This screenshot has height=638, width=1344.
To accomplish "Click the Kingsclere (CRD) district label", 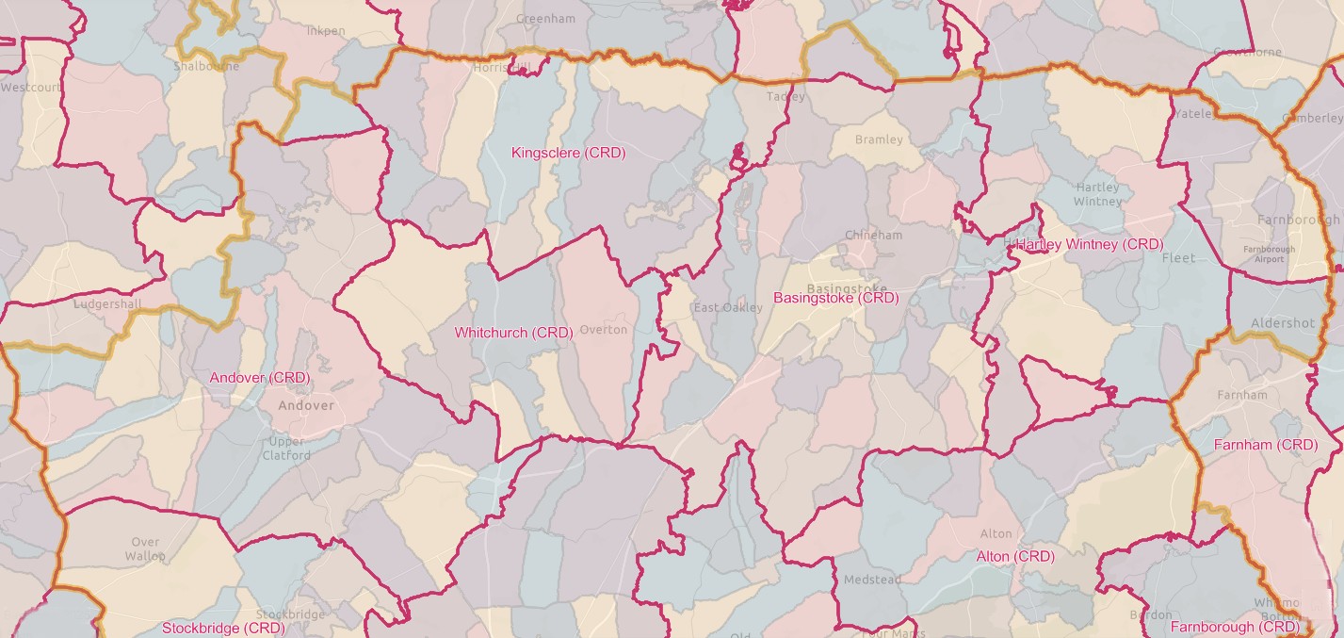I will click(x=568, y=153).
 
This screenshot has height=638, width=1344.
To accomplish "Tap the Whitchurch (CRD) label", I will click(x=513, y=333).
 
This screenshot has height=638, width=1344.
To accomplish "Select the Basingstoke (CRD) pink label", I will click(x=835, y=298).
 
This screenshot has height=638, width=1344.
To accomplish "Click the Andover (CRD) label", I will click(x=259, y=378).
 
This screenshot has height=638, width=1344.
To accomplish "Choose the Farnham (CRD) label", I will click(x=1265, y=445).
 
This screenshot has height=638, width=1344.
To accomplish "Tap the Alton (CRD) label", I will click(x=1015, y=557).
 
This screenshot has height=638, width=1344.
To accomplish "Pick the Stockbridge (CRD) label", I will click(x=223, y=628).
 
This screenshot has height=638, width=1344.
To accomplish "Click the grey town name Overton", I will click(x=603, y=330).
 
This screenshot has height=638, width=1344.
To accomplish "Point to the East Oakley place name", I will click(x=728, y=308).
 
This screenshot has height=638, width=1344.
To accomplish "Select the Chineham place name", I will click(x=873, y=235).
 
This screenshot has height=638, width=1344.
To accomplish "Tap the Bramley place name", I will click(x=879, y=139).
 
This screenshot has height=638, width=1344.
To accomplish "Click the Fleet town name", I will click(x=1178, y=257).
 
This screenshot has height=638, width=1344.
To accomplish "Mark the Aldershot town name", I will click(x=1282, y=323).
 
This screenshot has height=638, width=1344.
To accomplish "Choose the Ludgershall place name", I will click(x=107, y=304).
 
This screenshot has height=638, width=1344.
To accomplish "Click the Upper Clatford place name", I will click(x=286, y=449).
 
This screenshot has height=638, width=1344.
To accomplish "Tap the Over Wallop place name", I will click(x=145, y=548).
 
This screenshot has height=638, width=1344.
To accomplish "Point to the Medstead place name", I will click(x=872, y=580).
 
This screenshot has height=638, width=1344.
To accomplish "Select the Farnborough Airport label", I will click(x=1269, y=254).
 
